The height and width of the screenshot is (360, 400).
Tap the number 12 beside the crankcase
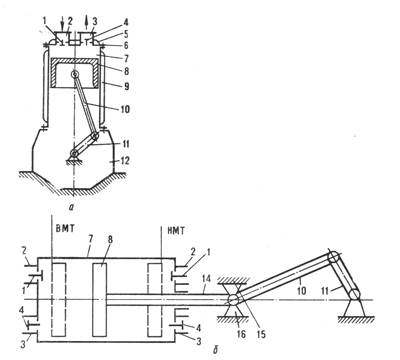point(124,161)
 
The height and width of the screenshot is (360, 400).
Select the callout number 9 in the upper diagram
point(126,86)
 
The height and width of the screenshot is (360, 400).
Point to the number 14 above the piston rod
point(206,279)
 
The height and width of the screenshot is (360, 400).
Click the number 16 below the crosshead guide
point(241,333)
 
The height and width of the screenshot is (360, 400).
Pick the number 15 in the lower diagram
point(261,333)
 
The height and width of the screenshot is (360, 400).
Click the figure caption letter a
point(71,207)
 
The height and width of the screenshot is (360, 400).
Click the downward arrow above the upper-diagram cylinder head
point(63,23)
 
